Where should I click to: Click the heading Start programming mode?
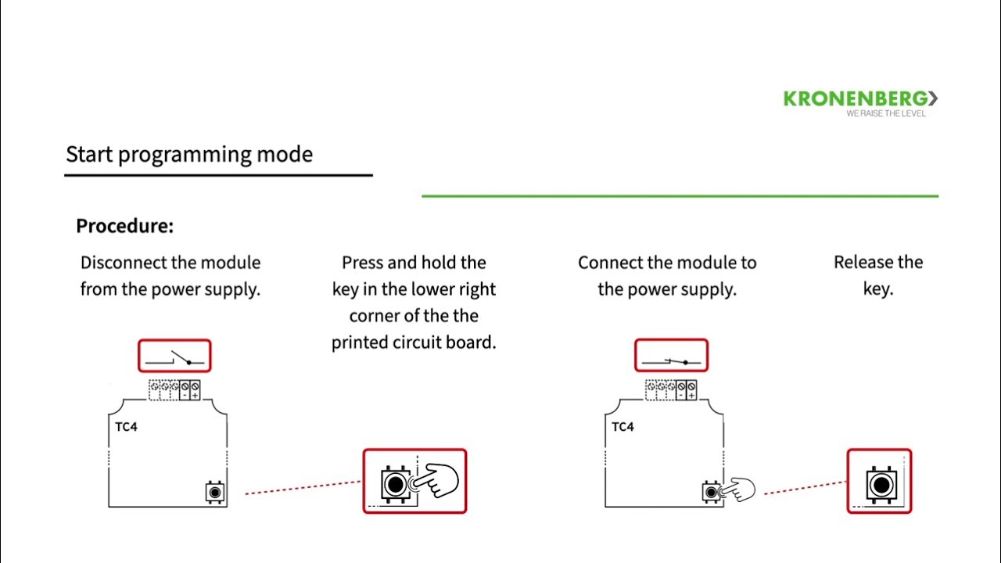click(x=189, y=154)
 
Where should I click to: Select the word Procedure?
click(x=124, y=227)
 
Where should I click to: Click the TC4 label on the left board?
click(x=126, y=427)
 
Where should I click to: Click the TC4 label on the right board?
click(x=622, y=427)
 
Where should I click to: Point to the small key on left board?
click(x=215, y=492)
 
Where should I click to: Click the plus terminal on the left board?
click(x=195, y=389)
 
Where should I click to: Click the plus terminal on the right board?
click(x=691, y=389)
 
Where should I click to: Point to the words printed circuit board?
click(x=414, y=342)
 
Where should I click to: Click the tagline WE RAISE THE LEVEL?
click(x=885, y=113)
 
